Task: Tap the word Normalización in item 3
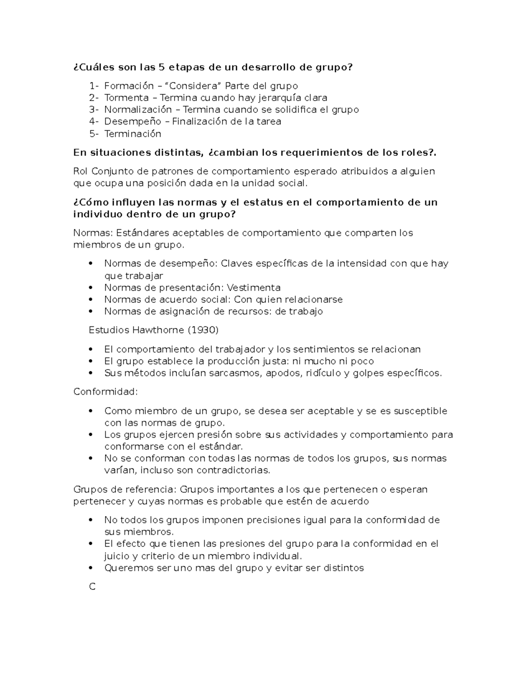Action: pyautogui.click(x=138, y=109)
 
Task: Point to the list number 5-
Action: pyautogui.click(x=94, y=133)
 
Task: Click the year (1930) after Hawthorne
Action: pyautogui.click(x=203, y=330)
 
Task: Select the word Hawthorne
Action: pyautogui.click(x=160, y=330)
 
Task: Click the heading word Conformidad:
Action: pyautogui.click(x=105, y=392)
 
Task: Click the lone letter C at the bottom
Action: pyautogui.click(x=92, y=587)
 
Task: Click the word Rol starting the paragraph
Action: pyautogui.click(x=81, y=171)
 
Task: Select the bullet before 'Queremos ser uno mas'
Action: pyautogui.click(x=91, y=568)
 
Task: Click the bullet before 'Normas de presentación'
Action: pyautogui.click(x=91, y=288)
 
